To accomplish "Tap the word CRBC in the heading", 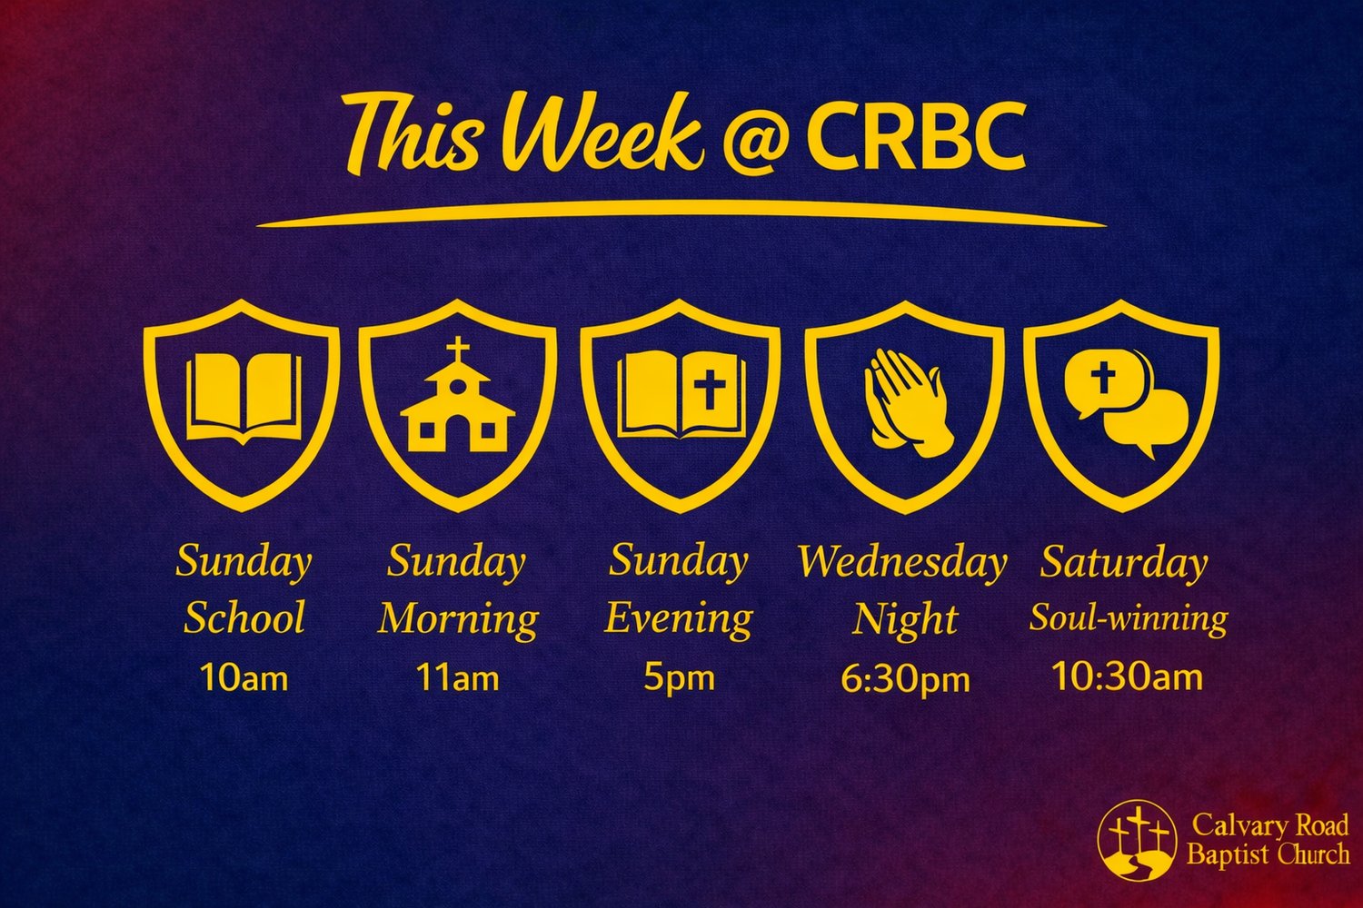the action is (916, 136).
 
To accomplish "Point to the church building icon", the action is (458, 394).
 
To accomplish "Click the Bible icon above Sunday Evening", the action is (681, 394).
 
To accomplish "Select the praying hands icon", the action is (904, 402).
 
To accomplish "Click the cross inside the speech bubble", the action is (1102, 377).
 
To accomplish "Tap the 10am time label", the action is (244, 676).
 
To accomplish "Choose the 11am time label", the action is (458, 676).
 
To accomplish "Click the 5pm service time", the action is (679, 677).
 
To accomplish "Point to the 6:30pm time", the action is (905, 679).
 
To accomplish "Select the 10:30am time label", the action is (1128, 676).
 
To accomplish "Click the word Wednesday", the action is (902, 562).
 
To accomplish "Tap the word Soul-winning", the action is (1129, 619).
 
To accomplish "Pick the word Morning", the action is (458, 620).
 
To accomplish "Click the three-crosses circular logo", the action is (1137, 841).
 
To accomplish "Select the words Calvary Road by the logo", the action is (1270, 825).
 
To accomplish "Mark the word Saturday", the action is (1124, 563).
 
